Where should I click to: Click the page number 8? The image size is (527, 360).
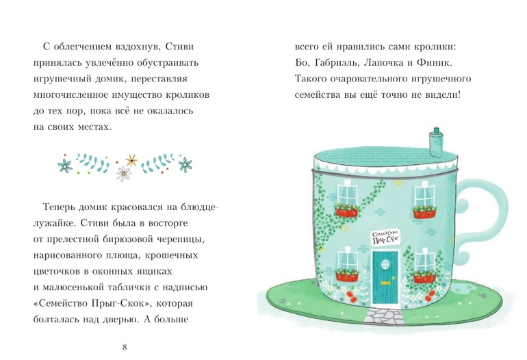[x=125, y=347]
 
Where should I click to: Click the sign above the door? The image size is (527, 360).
[x=385, y=237]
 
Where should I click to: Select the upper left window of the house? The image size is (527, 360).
[x=348, y=194]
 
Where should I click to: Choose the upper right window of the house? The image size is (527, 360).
[x=424, y=196]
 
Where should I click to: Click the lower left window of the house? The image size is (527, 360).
[x=348, y=260]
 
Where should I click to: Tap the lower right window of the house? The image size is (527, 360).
[x=425, y=262]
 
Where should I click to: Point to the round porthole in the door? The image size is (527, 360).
[x=385, y=265]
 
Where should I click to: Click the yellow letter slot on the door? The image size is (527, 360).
[x=385, y=283]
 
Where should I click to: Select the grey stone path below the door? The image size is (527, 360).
[x=385, y=316]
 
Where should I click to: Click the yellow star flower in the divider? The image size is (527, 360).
[x=131, y=160]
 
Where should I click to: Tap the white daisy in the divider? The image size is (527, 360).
[x=123, y=173]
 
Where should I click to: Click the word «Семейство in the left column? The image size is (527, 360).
[x=60, y=303]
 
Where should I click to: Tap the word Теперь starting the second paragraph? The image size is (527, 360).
[x=59, y=207]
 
